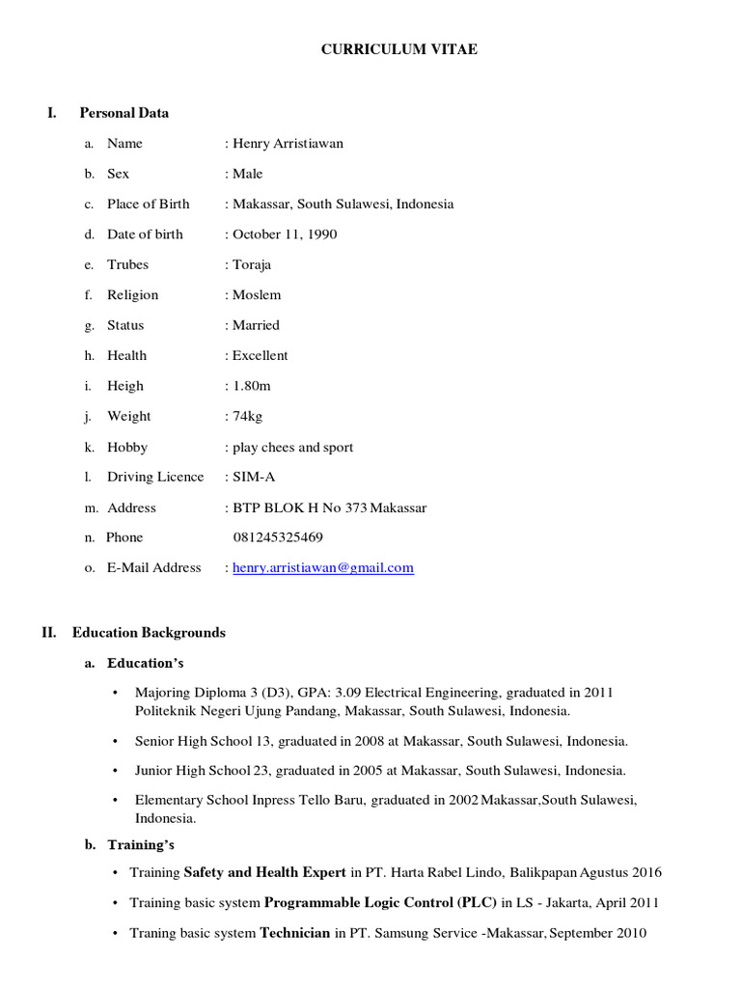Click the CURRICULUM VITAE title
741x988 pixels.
point(398,49)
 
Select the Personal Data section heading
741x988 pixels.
point(123,113)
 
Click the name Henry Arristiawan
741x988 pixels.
point(288,144)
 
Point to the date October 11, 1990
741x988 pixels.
point(285,234)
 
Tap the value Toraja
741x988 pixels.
point(253,264)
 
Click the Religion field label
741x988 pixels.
point(132,295)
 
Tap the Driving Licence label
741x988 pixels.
point(155,477)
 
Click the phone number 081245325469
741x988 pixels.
point(279,537)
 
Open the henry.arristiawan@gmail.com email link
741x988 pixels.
point(323,568)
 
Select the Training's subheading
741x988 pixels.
point(141,845)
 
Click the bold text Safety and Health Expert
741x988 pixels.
point(265,872)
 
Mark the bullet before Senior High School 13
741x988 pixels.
point(116,742)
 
